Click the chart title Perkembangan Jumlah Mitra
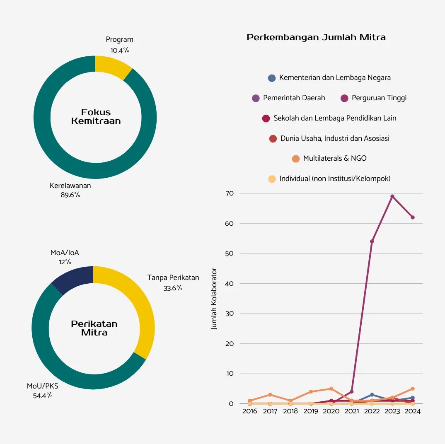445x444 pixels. click(x=316, y=37)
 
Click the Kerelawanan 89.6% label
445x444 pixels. click(x=70, y=190)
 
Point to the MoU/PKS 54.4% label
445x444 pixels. click(x=43, y=391)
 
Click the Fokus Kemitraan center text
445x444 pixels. click(x=96, y=116)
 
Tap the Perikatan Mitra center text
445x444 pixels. click(x=94, y=328)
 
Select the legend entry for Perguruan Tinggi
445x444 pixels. click(x=373, y=98)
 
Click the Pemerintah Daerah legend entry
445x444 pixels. click(x=289, y=98)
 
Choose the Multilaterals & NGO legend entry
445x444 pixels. click(x=329, y=158)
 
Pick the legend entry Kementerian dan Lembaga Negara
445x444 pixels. click(x=329, y=77)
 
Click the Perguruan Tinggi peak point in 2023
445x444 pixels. click(x=392, y=196)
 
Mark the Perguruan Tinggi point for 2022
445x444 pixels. click(x=372, y=241)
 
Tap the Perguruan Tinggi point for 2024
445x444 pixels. click(x=413, y=217)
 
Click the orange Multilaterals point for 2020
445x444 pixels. click(x=331, y=388)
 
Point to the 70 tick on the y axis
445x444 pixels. click(x=230, y=193)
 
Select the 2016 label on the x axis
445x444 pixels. click(x=249, y=411)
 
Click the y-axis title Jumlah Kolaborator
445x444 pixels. click(x=214, y=298)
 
